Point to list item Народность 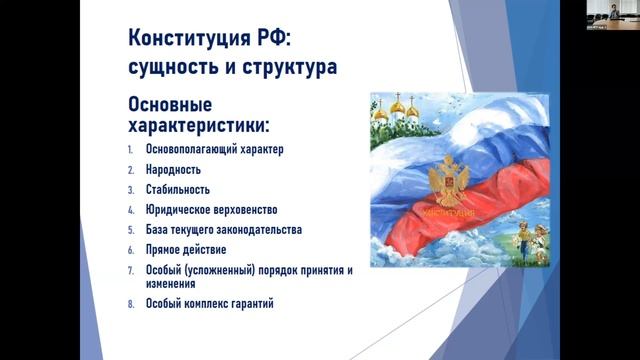click(x=173, y=170)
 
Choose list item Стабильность click(x=178, y=190)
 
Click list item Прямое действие click(x=185, y=248)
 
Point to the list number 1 click(x=131, y=151)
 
